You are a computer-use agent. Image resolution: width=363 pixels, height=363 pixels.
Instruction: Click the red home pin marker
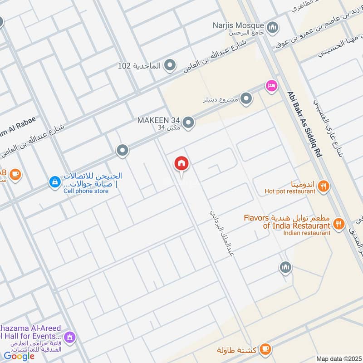pos(182,164)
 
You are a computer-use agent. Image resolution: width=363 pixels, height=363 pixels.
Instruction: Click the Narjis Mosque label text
pos(239,25)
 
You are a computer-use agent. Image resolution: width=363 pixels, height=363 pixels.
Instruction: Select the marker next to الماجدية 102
pos(170,66)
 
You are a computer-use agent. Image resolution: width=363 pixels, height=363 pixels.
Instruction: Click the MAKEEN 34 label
pos(158,120)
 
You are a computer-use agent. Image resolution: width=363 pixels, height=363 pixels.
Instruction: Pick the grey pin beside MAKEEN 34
pos(188,122)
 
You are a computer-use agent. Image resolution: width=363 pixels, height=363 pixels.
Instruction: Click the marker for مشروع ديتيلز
pos(246,98)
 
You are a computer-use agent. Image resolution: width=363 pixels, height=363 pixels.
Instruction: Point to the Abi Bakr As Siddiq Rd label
pos(304,124)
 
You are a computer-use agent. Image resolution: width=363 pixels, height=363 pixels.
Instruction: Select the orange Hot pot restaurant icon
pos(323,185)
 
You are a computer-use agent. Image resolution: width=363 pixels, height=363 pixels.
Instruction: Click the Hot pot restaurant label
pos(289,191)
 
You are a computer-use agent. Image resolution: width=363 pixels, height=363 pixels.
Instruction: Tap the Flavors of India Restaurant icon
pos(338,223)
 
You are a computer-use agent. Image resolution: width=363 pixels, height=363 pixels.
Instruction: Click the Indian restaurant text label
pos(306,233)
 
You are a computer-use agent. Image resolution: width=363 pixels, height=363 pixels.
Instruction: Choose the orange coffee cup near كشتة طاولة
pos(266,349)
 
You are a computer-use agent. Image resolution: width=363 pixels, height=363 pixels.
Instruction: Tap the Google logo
pos(19,356)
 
